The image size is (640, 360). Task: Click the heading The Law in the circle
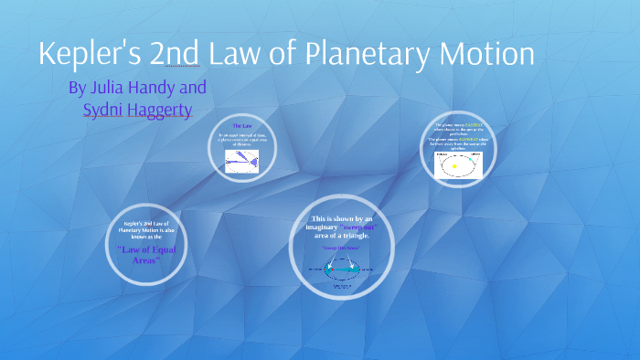click(x=242, y=125)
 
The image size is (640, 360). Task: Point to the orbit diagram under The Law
click(x=241, y=158)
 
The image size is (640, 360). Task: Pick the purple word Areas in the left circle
click(x=141, y=260)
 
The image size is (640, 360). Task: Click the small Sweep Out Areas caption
click(x=339, y=248)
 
